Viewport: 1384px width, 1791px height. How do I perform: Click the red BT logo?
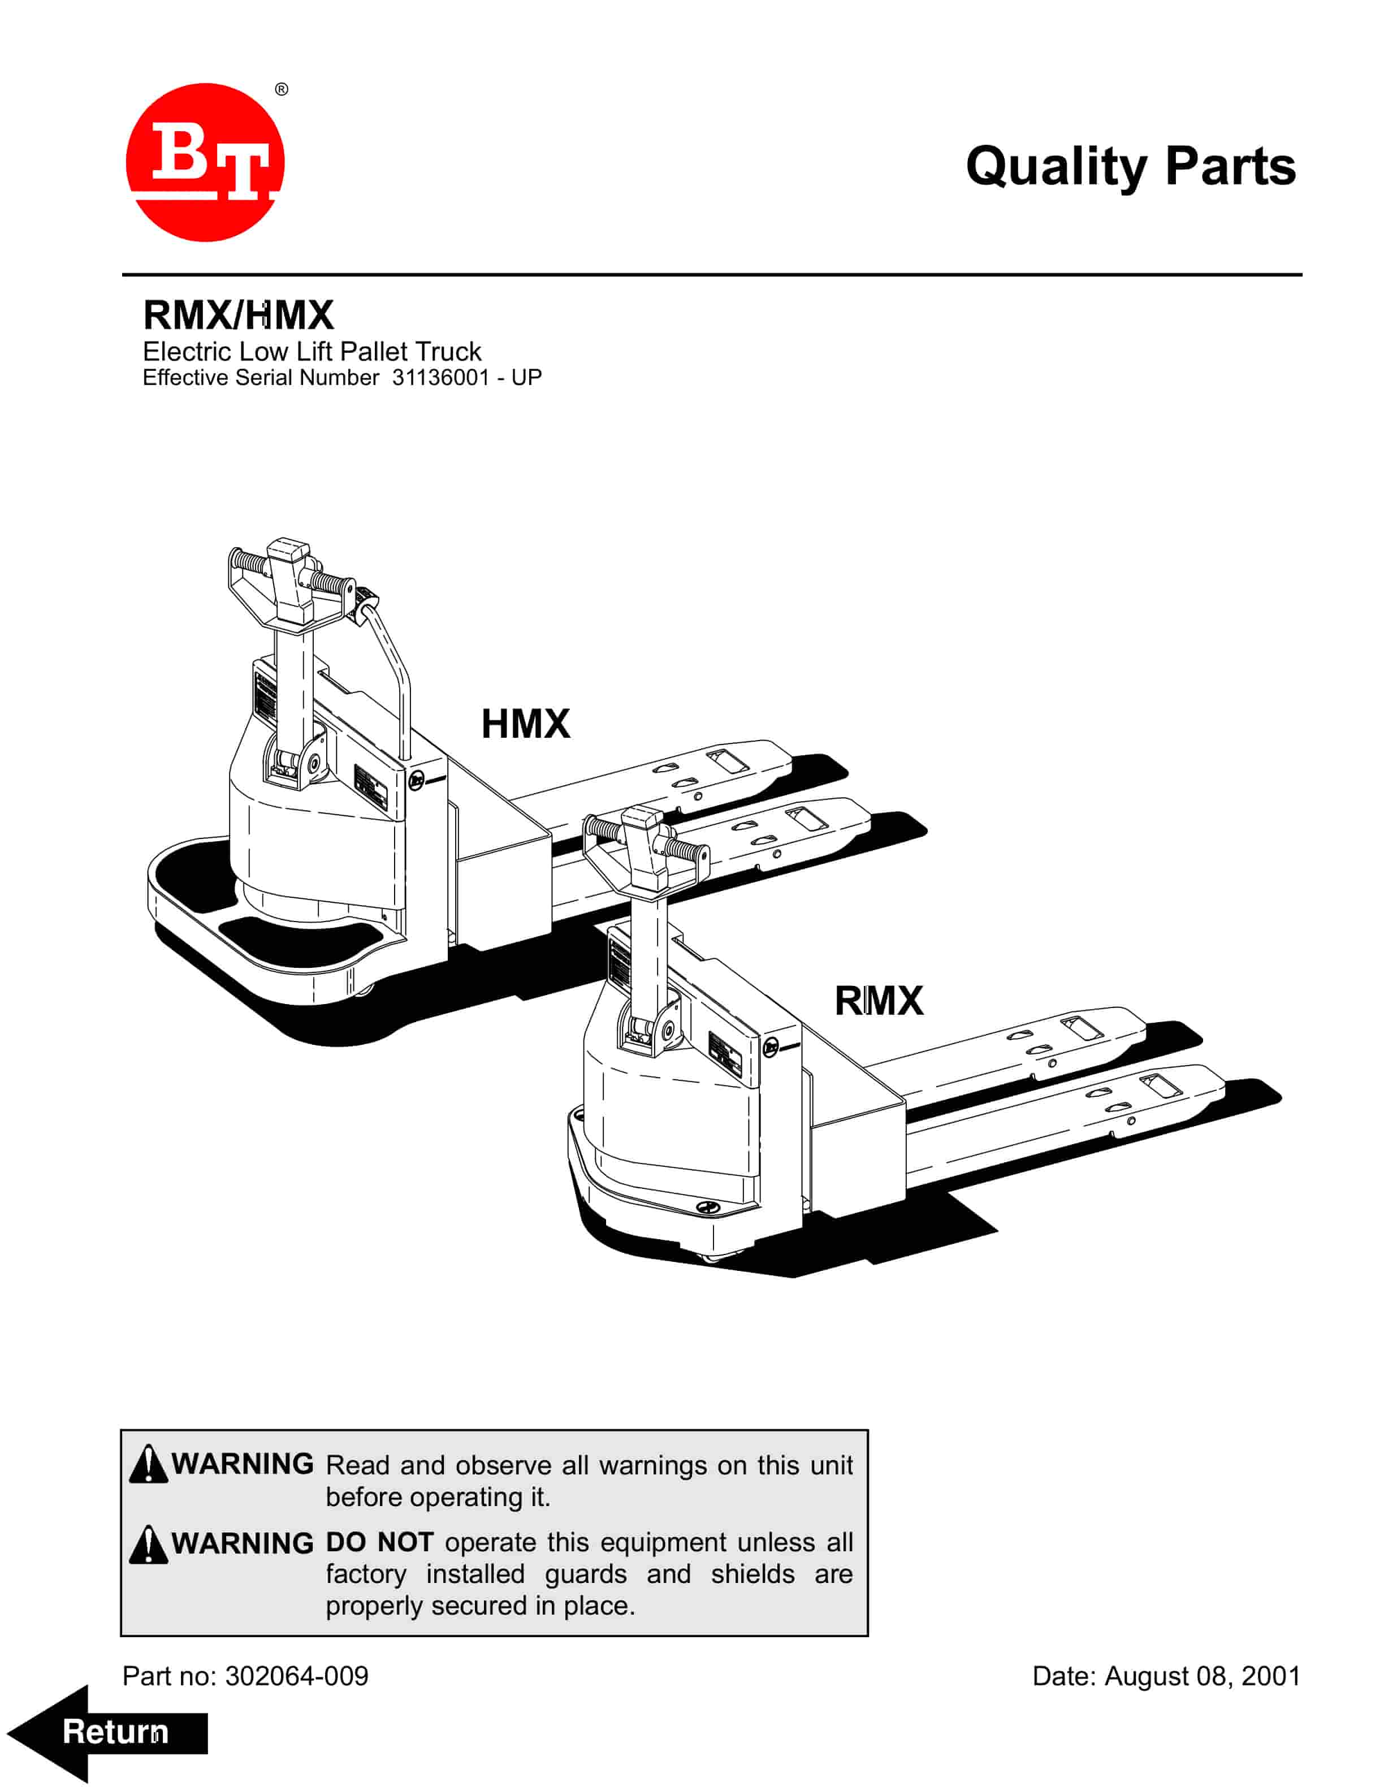205,162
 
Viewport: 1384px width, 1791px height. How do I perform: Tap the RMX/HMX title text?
239,315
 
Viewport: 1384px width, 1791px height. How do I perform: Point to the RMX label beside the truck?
878,1001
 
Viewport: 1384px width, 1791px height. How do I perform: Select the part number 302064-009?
297,1676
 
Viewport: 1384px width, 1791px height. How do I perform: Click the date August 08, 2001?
1202,1676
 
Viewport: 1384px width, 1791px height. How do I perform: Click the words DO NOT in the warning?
379,1542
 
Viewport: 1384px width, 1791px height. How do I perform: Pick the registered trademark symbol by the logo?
281,89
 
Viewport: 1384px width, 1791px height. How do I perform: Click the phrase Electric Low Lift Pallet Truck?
312,352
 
